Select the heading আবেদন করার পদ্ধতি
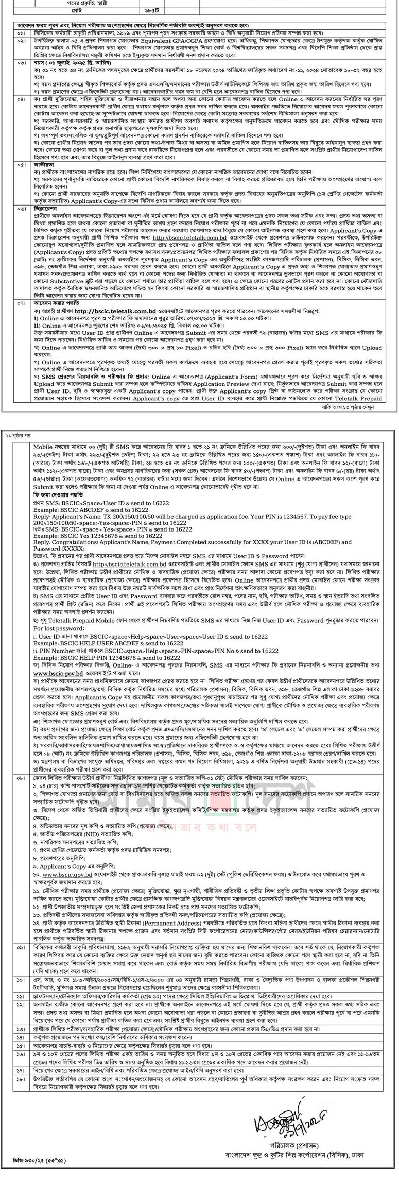[55, 304]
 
